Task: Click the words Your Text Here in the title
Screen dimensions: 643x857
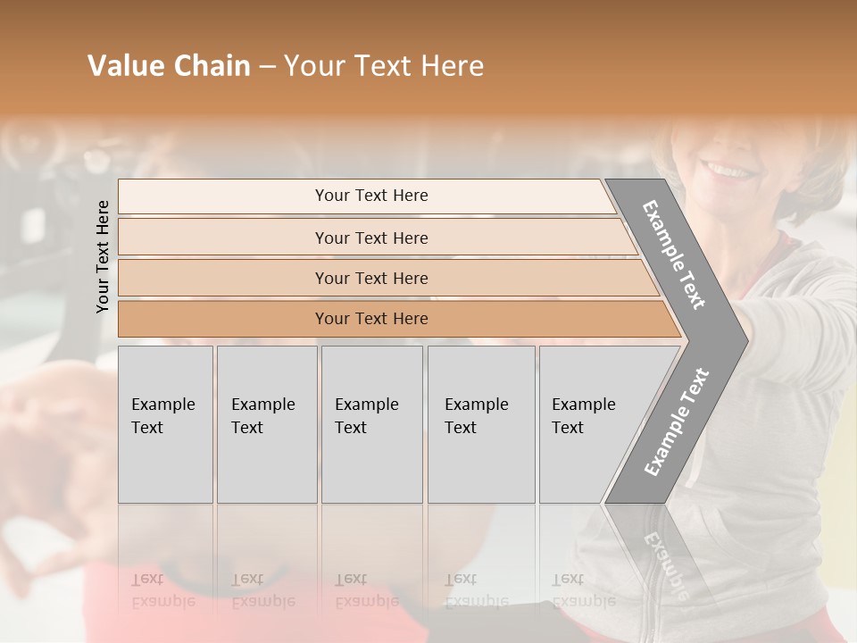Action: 384,66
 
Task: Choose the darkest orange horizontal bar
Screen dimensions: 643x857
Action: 223,319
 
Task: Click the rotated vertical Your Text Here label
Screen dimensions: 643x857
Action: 103,256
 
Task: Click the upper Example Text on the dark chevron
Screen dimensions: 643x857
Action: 674,255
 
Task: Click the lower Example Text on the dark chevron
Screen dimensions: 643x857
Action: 677,422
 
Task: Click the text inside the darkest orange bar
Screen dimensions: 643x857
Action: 371,319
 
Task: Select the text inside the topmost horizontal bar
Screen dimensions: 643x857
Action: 371,196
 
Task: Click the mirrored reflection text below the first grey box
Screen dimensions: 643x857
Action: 162,590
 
